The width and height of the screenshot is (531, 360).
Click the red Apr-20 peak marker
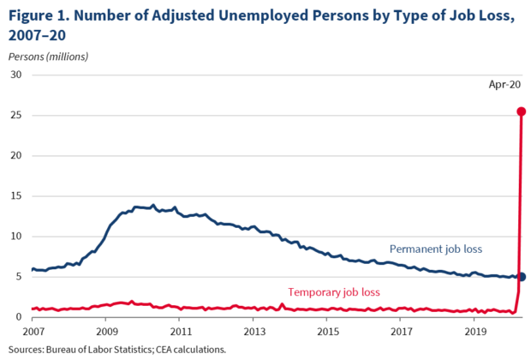[521, 111]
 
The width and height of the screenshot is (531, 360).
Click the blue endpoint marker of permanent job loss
[522, 276]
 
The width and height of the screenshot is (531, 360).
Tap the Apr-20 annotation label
[505, 85]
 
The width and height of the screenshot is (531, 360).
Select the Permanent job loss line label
[436, 249]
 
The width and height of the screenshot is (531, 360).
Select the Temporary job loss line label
[334, 291]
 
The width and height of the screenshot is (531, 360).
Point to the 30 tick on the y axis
[15, 75]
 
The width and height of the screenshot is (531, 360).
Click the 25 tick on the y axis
[15, 115]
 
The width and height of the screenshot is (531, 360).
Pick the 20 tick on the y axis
[15, 155]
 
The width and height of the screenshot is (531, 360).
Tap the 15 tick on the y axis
[15, 195]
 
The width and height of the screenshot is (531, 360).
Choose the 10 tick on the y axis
[15, 237]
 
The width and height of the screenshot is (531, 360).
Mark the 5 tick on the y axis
[17, 277]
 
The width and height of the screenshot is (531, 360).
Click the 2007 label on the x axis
[33, 331]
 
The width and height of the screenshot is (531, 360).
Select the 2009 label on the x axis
[106, 331]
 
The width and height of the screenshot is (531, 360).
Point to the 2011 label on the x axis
[180, 331]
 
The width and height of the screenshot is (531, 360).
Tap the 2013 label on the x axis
[254, 331]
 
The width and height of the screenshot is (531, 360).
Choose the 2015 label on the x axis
[327, 331]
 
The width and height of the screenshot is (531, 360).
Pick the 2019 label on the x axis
[474, 331]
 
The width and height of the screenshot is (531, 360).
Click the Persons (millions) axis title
[48, 57]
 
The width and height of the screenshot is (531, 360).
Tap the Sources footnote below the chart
[118, 349]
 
